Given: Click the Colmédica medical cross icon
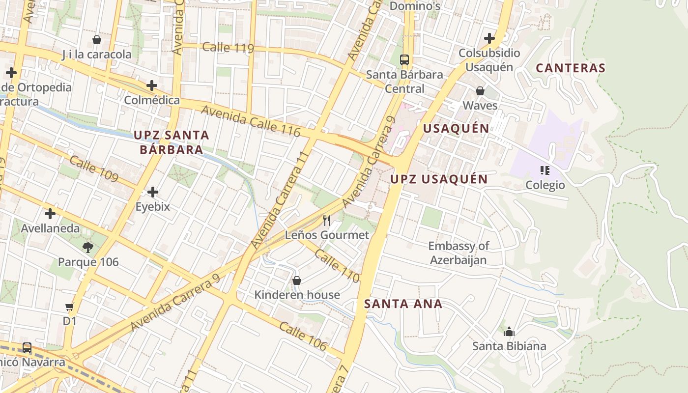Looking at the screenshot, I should (x=152, y=85).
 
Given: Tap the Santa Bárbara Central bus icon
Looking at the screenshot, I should (x=404, y=60).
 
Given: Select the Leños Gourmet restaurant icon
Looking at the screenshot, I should (x=327, y=220).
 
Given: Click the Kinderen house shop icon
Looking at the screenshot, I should (x=297, y=281).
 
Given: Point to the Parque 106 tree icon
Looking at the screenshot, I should (x=88, y=248).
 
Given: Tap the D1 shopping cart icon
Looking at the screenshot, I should (x=69, y=307).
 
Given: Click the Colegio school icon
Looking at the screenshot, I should (x=545, y=170).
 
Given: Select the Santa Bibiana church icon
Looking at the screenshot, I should (x=509, y=332).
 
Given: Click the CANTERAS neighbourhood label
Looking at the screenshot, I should (x=570, y=68).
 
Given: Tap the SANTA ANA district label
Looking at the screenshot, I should (x=403, y=304).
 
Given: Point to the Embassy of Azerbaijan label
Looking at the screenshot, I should (x=458, y=253).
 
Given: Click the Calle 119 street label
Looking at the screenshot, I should (x=228, y=48).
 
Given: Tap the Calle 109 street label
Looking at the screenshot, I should (x=93, y=168).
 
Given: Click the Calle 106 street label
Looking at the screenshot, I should (x=303, y=336).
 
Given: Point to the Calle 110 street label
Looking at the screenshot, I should (x=337, y=266).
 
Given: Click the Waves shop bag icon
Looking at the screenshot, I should (x=480, y=91).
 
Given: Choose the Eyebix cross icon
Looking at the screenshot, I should (x=153, y=192).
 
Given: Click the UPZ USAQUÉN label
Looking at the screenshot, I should (x=439, y=179).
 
